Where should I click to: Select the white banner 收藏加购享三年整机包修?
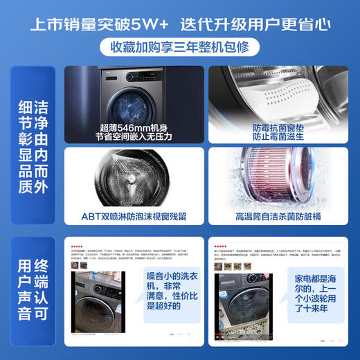click(179, 48)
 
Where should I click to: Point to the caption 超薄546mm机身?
click(134, 127)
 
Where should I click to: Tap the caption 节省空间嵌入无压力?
click(134, 137)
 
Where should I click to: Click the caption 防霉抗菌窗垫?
click(275, 127)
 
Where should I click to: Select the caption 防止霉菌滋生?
click(275, 137)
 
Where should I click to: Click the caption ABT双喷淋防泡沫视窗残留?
click(134, 216)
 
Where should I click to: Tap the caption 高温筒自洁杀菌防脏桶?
click(275, 216)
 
